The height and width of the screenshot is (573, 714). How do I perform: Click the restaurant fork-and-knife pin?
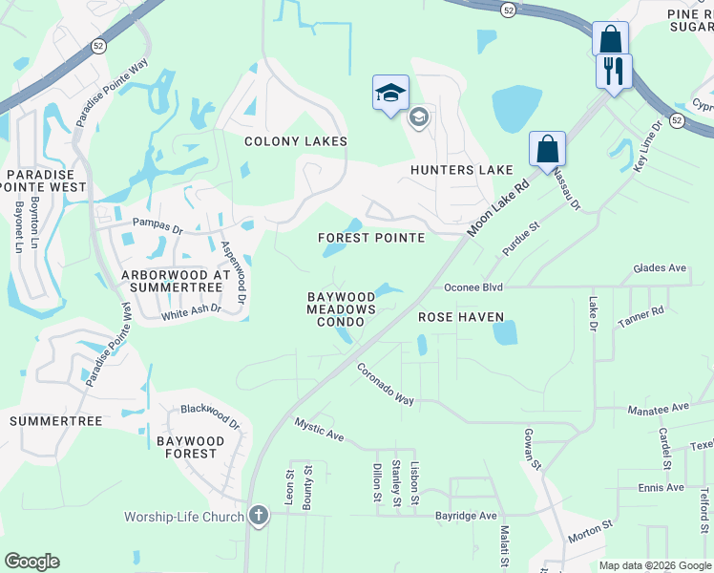(x=614, y=70)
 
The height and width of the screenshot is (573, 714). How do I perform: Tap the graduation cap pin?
(x=390, y=94)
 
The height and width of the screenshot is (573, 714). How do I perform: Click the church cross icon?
(x=257, y=517)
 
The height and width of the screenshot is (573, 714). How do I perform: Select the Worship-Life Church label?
(x=184, y=517)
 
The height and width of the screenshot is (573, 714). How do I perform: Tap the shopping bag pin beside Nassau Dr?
(x=547, y=149)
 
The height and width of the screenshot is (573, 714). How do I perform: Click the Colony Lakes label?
(x=296, y=141)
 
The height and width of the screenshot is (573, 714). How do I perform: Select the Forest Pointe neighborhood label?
(x=371, y=238)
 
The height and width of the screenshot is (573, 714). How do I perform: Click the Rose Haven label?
(x=454, y=316)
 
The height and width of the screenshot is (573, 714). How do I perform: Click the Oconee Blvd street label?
(x=473, y=286)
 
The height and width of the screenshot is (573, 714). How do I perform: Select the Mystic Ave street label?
(x=319, y=429)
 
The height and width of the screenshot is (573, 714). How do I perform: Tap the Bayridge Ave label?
(x=467, y=516)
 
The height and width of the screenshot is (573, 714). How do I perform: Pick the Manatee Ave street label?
(x=658, y=409)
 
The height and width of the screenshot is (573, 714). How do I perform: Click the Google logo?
(x=31, y=561)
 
